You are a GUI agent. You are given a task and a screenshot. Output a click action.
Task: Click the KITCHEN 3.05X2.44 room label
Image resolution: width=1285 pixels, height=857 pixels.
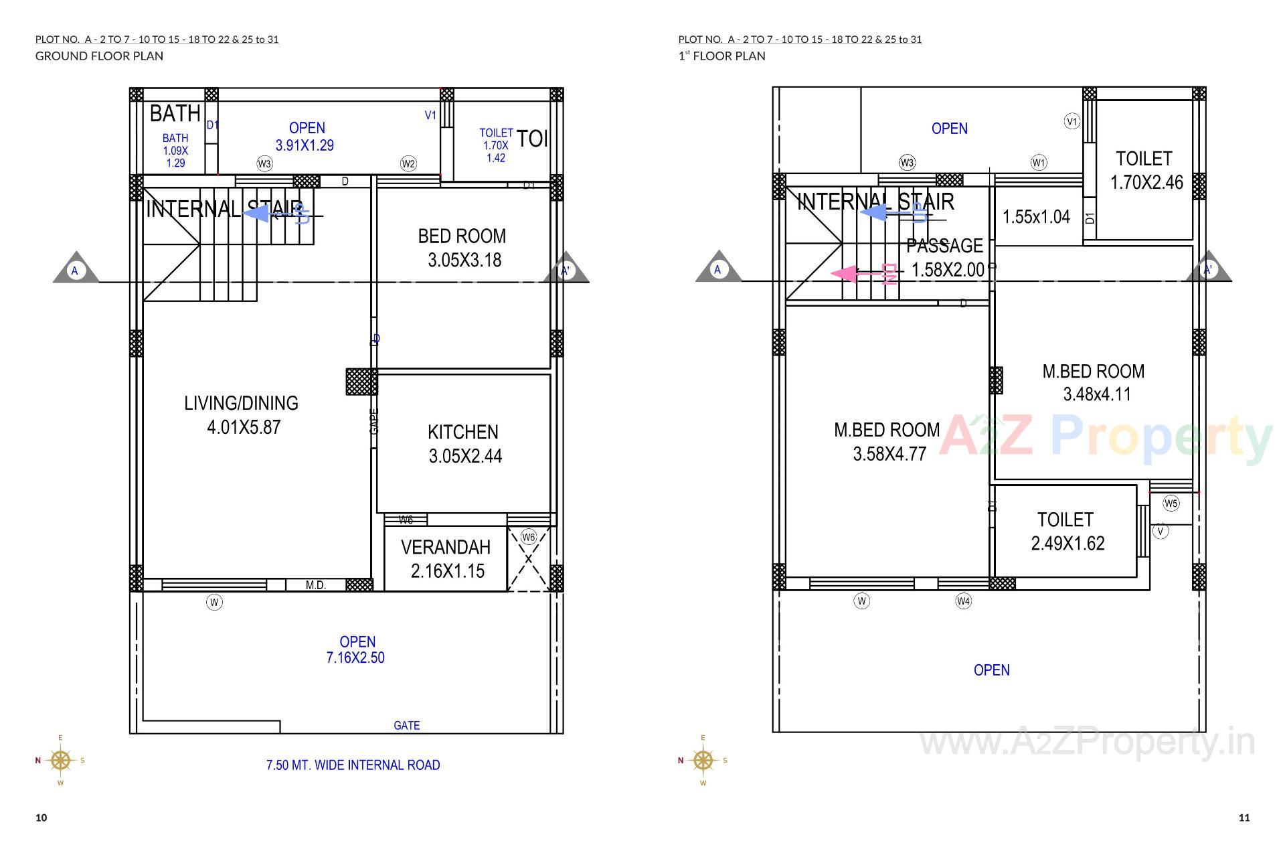pyautogui.click(x=464, y=444)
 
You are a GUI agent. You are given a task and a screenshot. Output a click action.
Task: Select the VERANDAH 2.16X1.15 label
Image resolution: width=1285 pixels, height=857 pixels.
pyautogui.click(x=446, y=559)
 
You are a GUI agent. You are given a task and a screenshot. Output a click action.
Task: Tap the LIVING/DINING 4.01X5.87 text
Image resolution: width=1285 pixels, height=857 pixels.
pyautogui.click(x=242, y=415)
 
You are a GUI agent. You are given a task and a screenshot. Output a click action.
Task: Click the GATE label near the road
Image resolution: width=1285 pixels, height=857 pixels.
pyautogui.click(x=406, y=725)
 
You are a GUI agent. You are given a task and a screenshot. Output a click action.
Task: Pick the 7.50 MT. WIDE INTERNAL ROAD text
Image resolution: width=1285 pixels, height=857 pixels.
pyautogui.click(x=353, y=765)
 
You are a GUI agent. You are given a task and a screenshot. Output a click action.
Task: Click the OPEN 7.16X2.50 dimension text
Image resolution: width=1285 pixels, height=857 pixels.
pyautogui.click(x=356, y=650)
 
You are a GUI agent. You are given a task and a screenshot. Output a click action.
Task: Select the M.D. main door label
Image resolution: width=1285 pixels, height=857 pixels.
pyautogui.click(x=315, y=585)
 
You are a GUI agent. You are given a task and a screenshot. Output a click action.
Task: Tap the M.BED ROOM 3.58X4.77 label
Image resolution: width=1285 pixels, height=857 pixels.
pyautogui.click(x=887, y=442)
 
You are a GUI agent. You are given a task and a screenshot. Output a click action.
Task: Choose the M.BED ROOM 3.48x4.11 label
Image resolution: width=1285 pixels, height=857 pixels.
pyautogui.click(x=1094, y=383)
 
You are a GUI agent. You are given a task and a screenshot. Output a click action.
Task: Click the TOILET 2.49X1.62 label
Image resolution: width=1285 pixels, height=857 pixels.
pyautogui.click(x=1066, y=532)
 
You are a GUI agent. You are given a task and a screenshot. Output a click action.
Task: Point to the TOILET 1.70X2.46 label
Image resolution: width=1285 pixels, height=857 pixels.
pyautogui.click(x=1145, y=170)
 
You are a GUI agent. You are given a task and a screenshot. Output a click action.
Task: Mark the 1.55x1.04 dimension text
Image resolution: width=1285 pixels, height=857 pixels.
pyautogui.click(x=1036, y=217)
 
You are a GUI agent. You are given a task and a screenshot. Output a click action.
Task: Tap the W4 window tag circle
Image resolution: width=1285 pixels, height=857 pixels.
pyautogui.click(x=963, y=601)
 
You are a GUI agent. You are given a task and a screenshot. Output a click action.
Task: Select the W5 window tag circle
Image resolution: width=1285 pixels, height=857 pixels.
pyautogui.click(x=1171, y=503)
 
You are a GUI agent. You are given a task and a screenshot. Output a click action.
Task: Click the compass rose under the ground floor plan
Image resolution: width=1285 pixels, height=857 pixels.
pyautogui.click(x=60, y=760)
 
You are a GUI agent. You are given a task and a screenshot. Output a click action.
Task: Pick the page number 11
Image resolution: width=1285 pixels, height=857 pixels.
pyautogui.click(x=1244, y=817)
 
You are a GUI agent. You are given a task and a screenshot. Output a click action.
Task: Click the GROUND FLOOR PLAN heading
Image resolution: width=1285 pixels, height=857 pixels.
pyautogui.click(x=99, y=56)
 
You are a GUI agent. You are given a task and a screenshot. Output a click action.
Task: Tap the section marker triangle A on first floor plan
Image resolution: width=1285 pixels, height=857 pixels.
pyautogui.click(x=718, y=268)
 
